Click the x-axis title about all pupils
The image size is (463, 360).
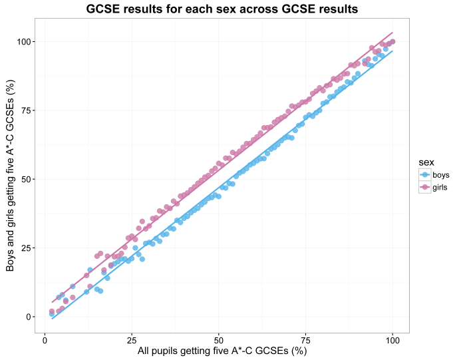tap(222, 351)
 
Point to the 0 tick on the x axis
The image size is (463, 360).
tap(45, 339)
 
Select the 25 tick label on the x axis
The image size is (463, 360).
tap(131, 339)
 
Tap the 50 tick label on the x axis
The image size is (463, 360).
tap(218, 339)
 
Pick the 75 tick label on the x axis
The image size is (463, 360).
tap(305, 339)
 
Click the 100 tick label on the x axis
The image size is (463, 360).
tap(392, 339)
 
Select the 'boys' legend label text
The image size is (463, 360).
tap(441, 175)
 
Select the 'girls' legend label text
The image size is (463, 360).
tap(440, 188)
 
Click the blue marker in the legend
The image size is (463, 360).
tap(424, 175)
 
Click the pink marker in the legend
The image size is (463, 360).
tap(424, 188)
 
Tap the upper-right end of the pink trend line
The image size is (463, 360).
tap(392, 33)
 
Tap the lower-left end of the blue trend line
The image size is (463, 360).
tap(52, 319)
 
